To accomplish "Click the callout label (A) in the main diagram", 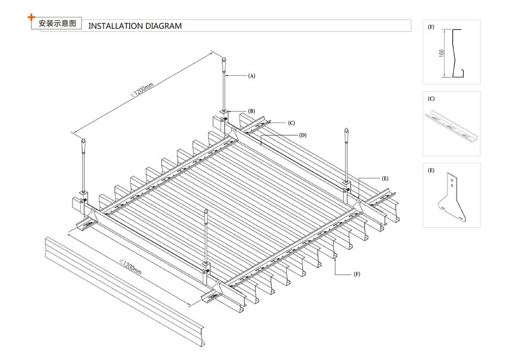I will click(x=251, y=76).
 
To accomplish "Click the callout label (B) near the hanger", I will click(x=251, y=111).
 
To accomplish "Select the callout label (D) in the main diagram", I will click(x=303, y=135).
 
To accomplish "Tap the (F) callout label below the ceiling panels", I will click(x=357, y=274).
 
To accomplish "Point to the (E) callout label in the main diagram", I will click(x=385, y=178).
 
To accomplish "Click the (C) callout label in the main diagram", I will click(x=291, y=123).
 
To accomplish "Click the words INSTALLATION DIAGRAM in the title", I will click(x=135, y=26).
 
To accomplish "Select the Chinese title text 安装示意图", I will click(x=57, y=24).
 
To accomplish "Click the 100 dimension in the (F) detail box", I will click(x=442, y=53).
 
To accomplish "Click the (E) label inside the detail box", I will click(x=431, y=169).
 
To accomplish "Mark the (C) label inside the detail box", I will click(x=431, y=98).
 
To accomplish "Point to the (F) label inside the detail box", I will click(x=431, y=26).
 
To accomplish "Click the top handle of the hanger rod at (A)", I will click(x=224, y=64).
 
